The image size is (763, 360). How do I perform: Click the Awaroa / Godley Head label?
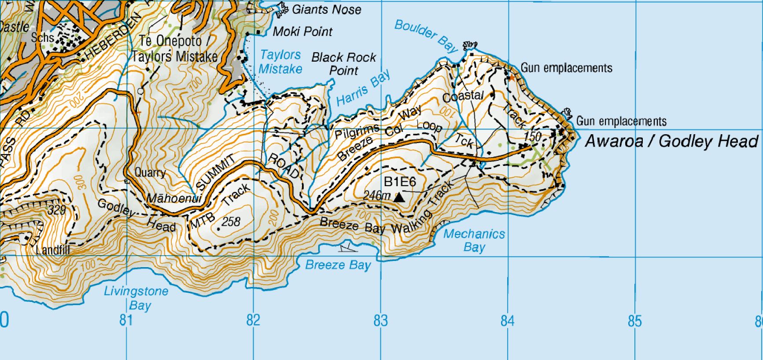tap(671, 141)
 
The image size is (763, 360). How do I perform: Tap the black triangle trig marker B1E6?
tap(399, 197)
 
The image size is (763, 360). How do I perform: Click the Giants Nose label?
tap(326, 9)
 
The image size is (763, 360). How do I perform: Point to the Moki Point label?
tap(302, 31)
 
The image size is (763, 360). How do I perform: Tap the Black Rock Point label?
tap(343, 64)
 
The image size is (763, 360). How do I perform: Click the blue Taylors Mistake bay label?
tap(280, 62)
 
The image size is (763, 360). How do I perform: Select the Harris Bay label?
tap(364, 88)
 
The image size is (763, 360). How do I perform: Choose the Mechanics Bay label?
tap(474, 240)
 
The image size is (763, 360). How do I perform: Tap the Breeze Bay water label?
tap(338, 265)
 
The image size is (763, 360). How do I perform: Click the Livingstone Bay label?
tap(136, 298)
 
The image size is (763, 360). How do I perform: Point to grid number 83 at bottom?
tap(380, 321)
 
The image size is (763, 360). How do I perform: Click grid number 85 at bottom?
tap(634, 321)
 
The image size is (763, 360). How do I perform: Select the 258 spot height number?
tap(231, 221)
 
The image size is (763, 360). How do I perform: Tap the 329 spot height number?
tap(56, 209)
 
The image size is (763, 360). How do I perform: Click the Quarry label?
tap(150, 172)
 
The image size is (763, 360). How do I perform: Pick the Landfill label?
tap(52, 250)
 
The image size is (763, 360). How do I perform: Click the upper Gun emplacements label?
tap(566, 68)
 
